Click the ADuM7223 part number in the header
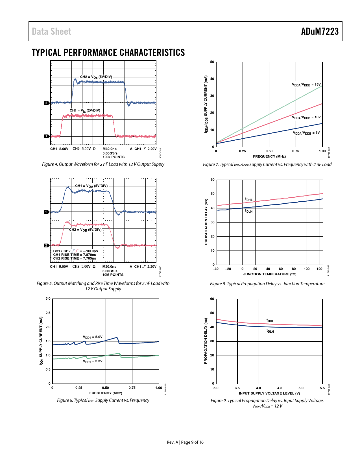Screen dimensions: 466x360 [320, 31]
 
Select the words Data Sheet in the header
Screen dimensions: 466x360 [51, 31]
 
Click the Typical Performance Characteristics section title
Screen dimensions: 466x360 [108, 53]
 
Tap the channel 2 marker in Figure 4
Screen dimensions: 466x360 [46, 103]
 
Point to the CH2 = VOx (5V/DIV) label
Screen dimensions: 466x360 [96, 77]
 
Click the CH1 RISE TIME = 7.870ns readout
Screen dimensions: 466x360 [75, 255]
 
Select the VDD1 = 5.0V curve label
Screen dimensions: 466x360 [93, 337]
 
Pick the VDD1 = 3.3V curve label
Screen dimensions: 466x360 [93, 361]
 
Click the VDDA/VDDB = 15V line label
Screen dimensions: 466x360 [306, 85]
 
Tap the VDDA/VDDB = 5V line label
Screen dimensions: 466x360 [306, 133]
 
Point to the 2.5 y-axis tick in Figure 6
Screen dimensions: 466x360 [48, 313]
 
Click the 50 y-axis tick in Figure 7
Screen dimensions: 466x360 [212, 62]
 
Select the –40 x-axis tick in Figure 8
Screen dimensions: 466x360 [215, 269]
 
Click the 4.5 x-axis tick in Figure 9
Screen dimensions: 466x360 [280, 388]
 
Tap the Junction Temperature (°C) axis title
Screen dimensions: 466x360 [270, 274]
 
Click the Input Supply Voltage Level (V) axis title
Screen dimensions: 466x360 [269, 393]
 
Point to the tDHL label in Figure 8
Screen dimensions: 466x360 [249, 200]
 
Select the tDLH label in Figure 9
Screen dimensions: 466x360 [270, 331]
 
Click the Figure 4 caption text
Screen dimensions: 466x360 [103, 164]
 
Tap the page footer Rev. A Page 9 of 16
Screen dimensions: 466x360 [185, 442]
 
